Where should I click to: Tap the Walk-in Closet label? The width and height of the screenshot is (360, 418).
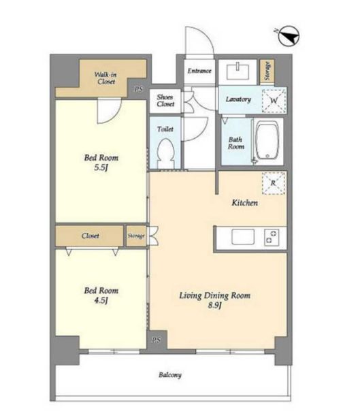(105, 78)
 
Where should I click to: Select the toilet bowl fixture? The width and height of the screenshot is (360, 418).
(165, 153)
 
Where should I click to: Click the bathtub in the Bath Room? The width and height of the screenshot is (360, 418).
(267, 141)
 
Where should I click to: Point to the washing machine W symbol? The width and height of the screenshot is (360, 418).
(274, 101)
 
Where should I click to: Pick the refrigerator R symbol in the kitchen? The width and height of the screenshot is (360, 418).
(274, 183)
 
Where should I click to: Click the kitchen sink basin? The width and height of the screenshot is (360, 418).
(243, 237)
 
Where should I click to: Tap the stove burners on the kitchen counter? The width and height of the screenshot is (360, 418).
(272, 237)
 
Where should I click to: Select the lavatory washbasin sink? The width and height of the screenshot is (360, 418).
(238, 71)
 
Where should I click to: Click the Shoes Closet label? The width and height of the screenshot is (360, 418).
(165, 101)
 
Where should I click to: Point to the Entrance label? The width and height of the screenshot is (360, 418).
(199, 71)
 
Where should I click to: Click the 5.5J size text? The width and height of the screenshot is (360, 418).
(101, 168)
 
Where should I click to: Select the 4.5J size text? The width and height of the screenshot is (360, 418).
(101, 301)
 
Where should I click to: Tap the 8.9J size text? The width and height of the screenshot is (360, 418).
(214, 306)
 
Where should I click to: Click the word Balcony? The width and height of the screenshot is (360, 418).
(170, 375)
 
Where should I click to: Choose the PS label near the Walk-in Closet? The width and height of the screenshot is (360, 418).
(138, 90)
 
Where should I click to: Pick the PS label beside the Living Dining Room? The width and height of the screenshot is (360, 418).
(157, 340)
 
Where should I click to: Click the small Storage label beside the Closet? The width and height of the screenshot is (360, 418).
(136, 236)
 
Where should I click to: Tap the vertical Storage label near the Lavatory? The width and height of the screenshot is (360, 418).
(267, 71)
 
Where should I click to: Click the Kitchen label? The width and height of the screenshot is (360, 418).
(244, 203)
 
